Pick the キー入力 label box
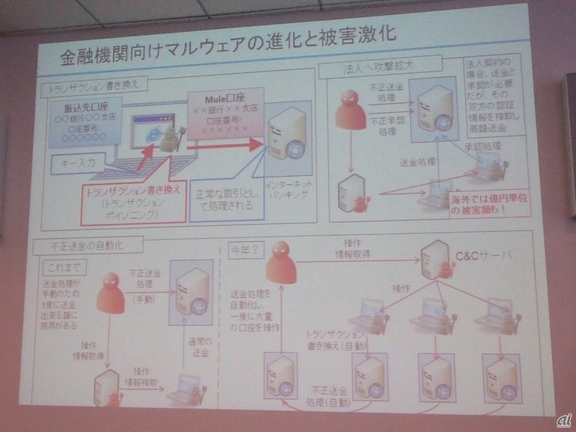click(x=76, y=163)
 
